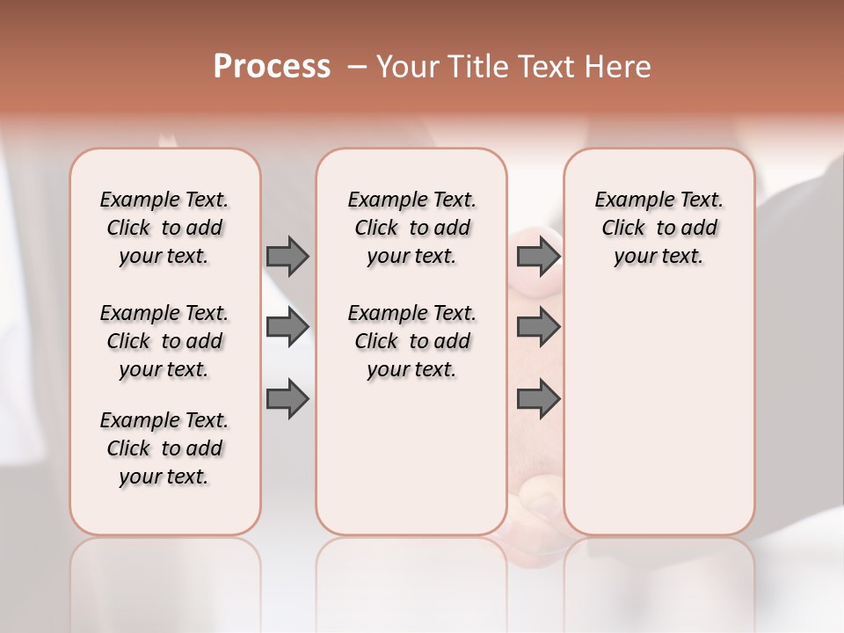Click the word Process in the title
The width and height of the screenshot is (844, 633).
click(x=272, y=66)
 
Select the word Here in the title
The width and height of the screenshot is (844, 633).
click(x=619, y=66)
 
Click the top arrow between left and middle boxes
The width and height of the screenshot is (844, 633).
click(x=287, y=256)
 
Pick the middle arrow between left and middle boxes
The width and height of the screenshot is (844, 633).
click(x=287, y=328)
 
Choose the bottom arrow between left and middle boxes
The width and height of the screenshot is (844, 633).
click(x=287, y=400)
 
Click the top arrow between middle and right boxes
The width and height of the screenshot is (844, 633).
click(x=538, y=256)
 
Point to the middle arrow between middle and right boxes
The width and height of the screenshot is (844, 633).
click(x=538, y=328)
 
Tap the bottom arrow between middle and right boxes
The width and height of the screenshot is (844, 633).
click(x=538, y=400)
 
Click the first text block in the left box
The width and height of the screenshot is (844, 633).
click(x=164, y=228)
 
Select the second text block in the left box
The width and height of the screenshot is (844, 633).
click(x=164, y=341)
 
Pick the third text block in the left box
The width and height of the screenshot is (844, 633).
click(x=164, y=448)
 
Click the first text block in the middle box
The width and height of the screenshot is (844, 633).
click(x=412, y=228)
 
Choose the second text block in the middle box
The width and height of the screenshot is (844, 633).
click(x=412, y=341)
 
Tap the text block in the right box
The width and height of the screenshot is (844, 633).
click(x=659, y=228)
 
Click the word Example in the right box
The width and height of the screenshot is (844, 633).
click(x=629, y=200)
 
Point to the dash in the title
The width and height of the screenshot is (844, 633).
click(x=357, y=66)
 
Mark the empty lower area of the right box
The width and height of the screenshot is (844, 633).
click(x=659, y=404)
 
